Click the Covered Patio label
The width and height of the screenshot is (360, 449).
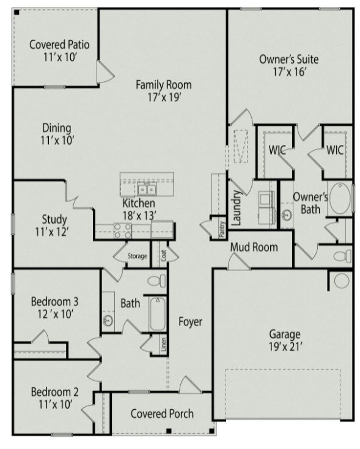click(59, 45)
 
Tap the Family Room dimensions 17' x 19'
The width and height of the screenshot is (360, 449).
click(163, 97)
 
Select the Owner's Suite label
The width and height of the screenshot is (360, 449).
click(288, 60)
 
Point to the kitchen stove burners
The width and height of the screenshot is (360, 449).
click(122, 230)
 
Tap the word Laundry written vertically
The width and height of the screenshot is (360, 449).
click(237, 206)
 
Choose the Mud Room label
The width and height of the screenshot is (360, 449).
click(254, 247)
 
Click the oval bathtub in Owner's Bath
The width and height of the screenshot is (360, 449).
click(340, 198)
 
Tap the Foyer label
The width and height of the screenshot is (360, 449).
click(190, 321)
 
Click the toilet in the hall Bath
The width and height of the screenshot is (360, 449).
click(156, 281)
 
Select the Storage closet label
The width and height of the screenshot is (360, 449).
click(137, 256)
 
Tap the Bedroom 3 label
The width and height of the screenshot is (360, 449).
click(54, 301)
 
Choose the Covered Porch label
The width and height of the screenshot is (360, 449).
click(162, 414)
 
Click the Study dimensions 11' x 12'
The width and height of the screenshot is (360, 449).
click(54, 232)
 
